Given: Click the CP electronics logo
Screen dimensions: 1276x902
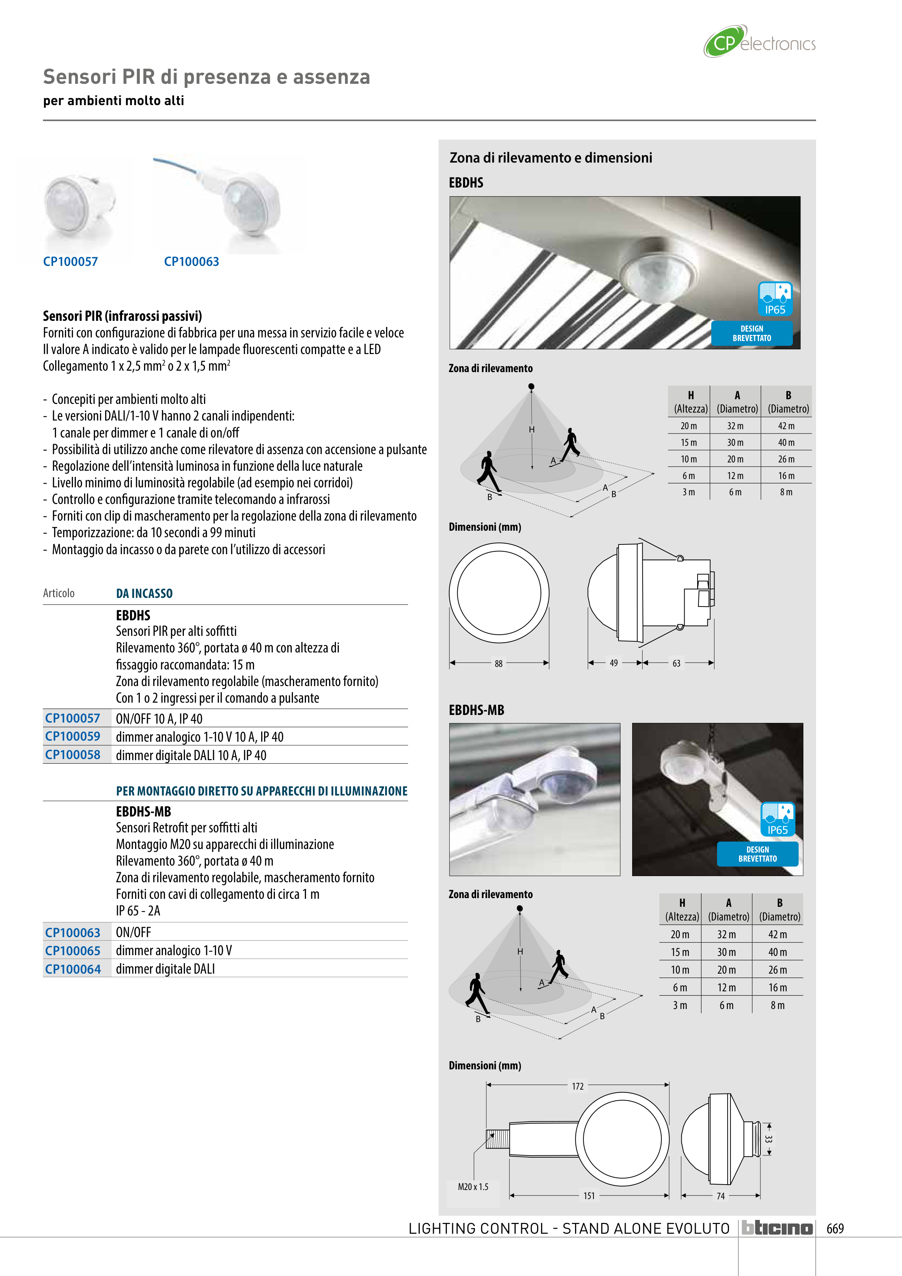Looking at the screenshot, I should click(x=759, y=42).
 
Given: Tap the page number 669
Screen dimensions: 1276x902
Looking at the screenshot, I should click(x=835, y=1228).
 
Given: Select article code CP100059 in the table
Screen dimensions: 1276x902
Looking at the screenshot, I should click(x=73, y=736).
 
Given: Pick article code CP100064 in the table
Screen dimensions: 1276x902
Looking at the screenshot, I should click(x=73, y=969).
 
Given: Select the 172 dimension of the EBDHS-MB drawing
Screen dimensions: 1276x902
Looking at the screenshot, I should click(x=578, y=1086).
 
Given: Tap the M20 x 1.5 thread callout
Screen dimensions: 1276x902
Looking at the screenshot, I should click(x=473, y=1186).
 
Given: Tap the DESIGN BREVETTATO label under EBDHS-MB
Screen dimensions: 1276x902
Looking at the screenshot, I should click(x=758, y=854).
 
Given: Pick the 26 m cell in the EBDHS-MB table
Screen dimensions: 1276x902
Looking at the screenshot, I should click(x=777, y=970).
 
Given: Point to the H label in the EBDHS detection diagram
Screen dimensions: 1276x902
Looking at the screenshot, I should click(x=532, y=430).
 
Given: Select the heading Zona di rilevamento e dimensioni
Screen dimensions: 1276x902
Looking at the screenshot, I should click(x=551, y=158).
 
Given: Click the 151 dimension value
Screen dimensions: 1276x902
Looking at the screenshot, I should click(x=589, y=1196).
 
